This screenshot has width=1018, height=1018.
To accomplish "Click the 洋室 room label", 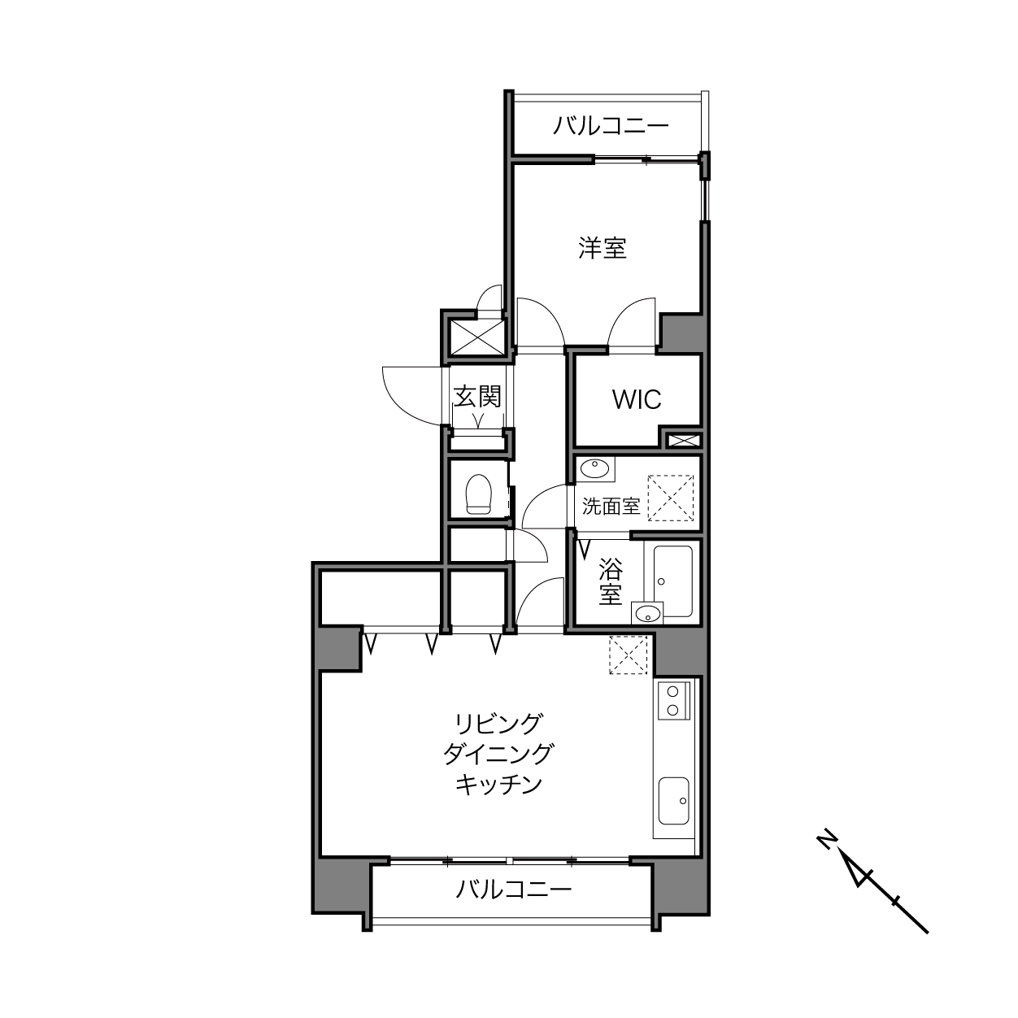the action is [x=603, y=248].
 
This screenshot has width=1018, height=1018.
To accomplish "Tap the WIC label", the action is [x=637, y=400].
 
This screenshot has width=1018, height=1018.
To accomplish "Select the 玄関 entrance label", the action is [x=477, y=396].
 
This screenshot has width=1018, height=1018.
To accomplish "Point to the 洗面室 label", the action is [x=611, y=506].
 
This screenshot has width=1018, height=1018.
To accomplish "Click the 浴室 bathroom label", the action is [x=611, y=581].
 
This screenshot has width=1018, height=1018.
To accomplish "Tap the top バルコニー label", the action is [x=611, y=126].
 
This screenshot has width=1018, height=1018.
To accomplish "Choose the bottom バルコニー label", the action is [x=514, y=890].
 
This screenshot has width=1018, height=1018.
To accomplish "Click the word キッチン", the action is [x=498, y=799].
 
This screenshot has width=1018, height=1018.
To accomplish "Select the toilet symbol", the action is [x=479, y=494].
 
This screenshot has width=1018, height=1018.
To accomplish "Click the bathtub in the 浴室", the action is [x=673, y=581].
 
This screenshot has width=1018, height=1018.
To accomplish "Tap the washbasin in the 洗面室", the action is [x=595, y=468].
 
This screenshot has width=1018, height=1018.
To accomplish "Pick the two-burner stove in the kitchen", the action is [x=673, y=701].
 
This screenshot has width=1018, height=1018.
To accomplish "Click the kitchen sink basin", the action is [x=674, y=801].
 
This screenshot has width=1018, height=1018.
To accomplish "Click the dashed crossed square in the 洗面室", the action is [x=670, y=498].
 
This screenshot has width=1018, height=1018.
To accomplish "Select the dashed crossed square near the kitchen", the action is [x=629, y=655].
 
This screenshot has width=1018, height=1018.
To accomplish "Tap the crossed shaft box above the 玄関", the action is [x=478, y=337].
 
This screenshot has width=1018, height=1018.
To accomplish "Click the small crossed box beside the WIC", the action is [x=684, y=440].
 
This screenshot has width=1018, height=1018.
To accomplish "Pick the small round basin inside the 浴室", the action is [x=648, y=614].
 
